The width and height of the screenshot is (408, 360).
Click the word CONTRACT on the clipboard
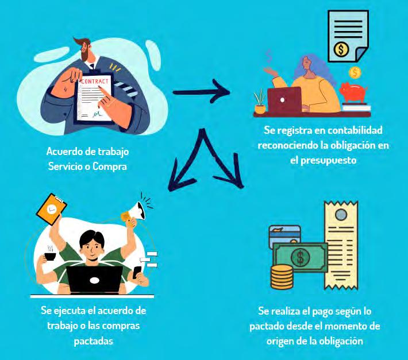pos(95,82)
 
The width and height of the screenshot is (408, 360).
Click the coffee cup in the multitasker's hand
pos(49,256)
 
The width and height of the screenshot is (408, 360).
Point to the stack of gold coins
pos(282,276)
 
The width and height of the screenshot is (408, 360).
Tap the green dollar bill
pos(300,257)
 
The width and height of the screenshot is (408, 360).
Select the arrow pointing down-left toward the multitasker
pos(183,170)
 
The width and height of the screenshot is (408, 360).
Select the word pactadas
pos(93,340)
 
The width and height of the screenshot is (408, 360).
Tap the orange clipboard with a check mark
pos(51,208)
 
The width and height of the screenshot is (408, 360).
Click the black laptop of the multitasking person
pos(95,280)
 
